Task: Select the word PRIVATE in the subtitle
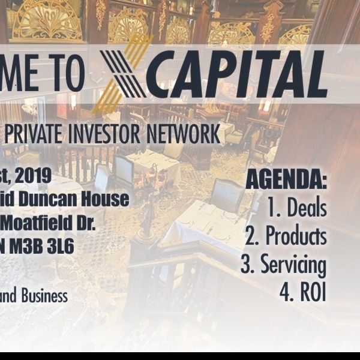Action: (41, 134)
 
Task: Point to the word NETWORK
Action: (186, 134)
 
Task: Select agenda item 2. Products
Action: (286, 236)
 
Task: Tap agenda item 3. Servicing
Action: (283, 265)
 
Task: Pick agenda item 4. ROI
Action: (302, 292)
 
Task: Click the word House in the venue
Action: (108, 199)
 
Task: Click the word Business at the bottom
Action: (45, 296)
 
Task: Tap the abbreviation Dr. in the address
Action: (85, 223)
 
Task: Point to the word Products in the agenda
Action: (296, 236)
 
